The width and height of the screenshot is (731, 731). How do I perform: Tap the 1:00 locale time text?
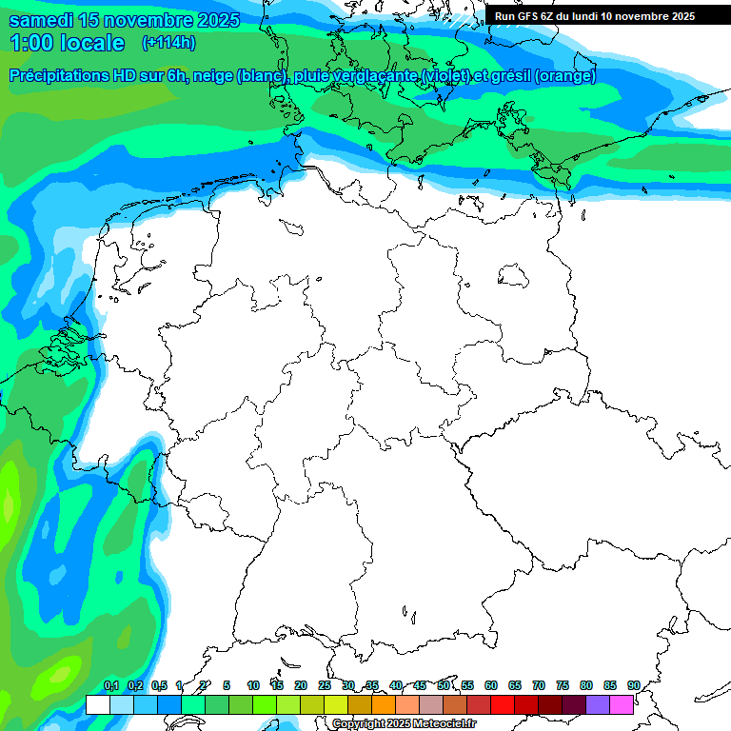pyautogui.click(x=67, y=43)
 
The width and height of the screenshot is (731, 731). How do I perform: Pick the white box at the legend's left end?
pyautogui.click(x=97, y=704)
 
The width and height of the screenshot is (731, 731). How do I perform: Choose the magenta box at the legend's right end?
pyautogui.click(x=622, y=704)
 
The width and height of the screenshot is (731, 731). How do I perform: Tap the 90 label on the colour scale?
pyautogui.click(x=633, y=685)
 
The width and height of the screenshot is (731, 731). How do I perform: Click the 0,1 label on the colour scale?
pyautogui.click(x=111, y=685)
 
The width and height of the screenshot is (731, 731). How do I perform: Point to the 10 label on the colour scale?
pyautogui.click(x=253, y=685)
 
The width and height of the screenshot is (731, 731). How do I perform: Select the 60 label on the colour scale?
pyautogui.click(x=491, y=685)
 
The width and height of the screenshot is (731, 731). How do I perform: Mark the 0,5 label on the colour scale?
pyautogui.click(x=159, y=685)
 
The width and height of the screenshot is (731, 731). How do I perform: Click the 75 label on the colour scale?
pyautogui.click(x=563, y=685)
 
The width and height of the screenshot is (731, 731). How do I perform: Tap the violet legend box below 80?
pyautogui.click(x=598, y=704)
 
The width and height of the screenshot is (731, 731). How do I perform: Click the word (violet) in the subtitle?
pyautogui.click(x=445, y=76)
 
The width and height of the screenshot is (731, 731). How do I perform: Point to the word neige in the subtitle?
pyautogui.click(x=215, y=76)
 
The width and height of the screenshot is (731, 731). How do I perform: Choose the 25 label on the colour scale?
pyautogui.click(x=325, y=685)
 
